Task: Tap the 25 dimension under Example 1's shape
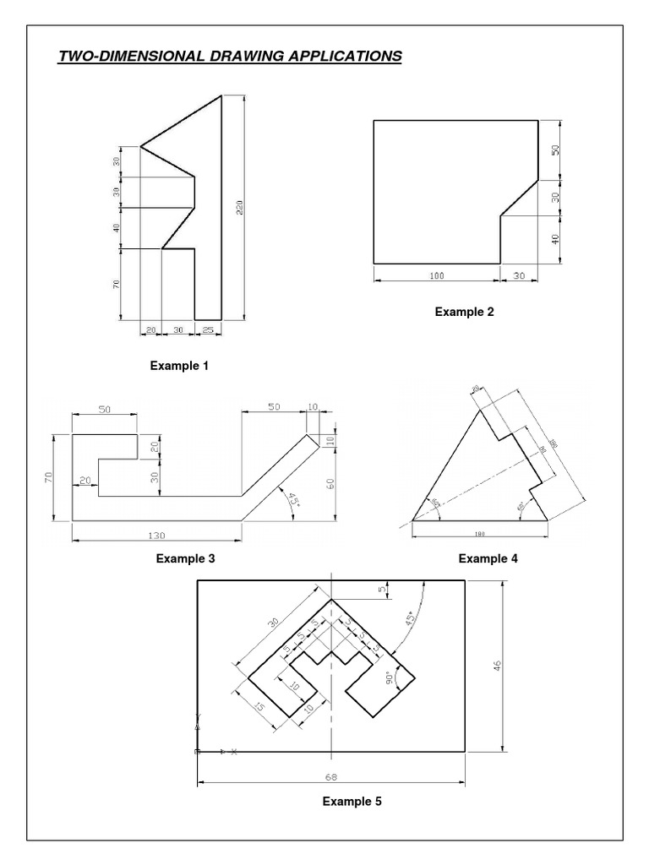209,330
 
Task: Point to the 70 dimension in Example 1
117,284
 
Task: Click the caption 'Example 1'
178,366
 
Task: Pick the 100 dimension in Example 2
436,275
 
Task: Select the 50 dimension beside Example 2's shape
556,150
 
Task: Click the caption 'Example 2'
464,311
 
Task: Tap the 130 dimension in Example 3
156,535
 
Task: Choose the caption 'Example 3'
185,558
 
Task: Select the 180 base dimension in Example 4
479,533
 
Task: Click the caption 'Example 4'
488,558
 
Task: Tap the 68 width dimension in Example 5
331,775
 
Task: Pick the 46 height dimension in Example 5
499,666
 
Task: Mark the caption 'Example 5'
352,802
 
